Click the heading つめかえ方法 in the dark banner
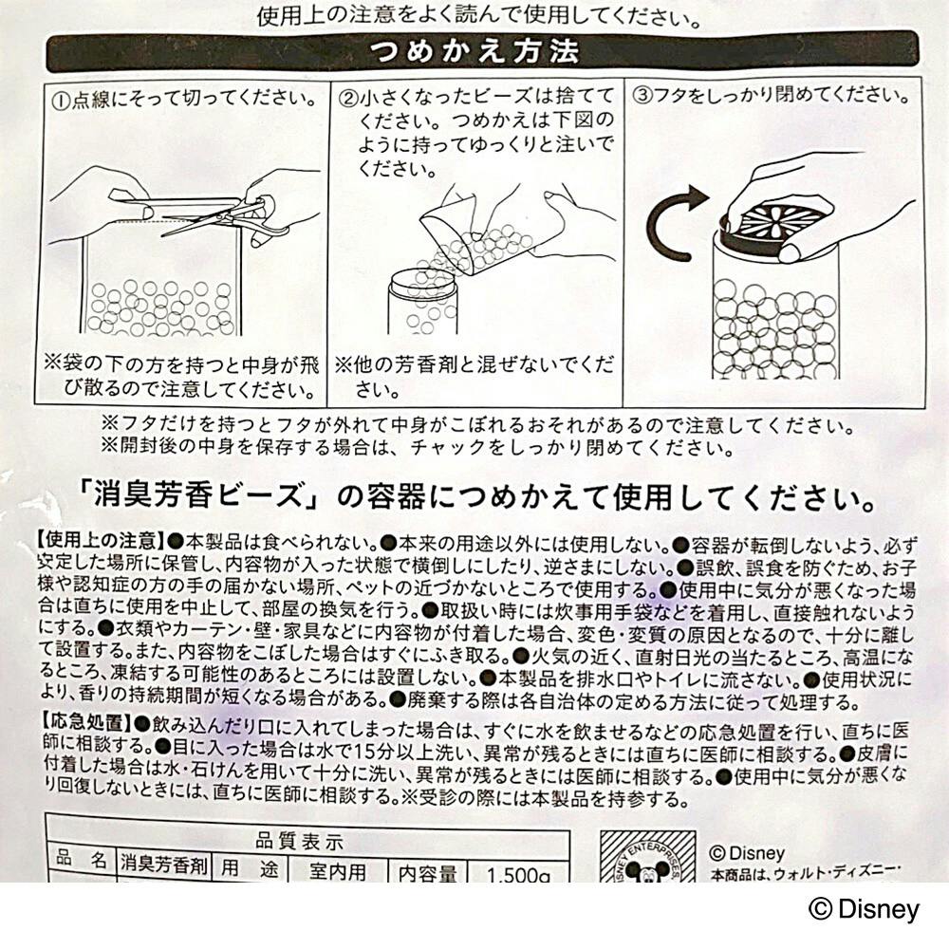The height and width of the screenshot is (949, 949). click(474, 49)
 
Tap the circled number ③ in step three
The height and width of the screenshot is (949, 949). click(642, 98)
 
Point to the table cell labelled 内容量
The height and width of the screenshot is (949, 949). click(428, 871)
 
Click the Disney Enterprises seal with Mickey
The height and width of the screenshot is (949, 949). click(645, 859)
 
